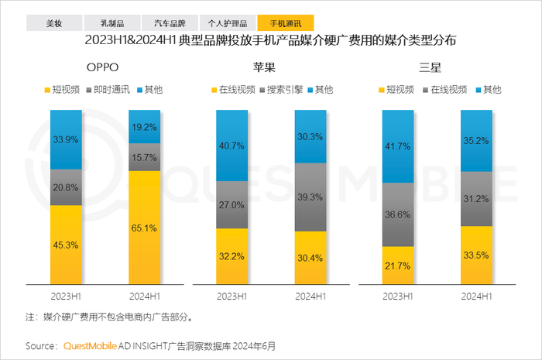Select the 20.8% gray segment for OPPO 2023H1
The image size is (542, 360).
(x=66, y=187)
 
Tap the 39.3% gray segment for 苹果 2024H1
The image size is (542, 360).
(x=310, y=197)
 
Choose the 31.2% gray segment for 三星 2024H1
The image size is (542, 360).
(x=477, y=198)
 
